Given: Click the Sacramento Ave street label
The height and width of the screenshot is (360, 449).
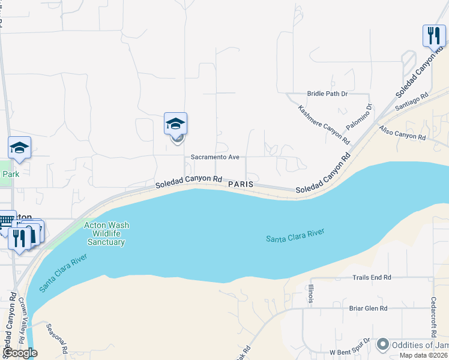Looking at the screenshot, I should [215, 157].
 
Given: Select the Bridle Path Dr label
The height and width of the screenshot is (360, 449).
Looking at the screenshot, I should [327, 94].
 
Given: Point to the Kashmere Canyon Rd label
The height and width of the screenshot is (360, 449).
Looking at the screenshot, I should [324, 125].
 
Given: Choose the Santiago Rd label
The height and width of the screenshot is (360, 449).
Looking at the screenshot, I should [412, 101].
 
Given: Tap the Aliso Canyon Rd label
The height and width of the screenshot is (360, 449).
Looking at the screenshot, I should [402, 133].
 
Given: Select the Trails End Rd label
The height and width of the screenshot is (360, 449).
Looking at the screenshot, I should [372, 277].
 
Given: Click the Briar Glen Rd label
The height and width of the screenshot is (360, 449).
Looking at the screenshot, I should [368, 308].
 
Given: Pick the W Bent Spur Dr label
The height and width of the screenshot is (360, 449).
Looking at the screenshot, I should [352, 351].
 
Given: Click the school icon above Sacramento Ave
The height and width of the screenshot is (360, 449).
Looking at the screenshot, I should [175, 124].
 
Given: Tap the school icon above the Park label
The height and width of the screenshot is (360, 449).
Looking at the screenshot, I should [19, 148].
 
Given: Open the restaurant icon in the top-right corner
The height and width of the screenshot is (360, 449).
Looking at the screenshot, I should [433, 35].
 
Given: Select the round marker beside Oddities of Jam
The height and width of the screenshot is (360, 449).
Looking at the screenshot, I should [382, 345].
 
